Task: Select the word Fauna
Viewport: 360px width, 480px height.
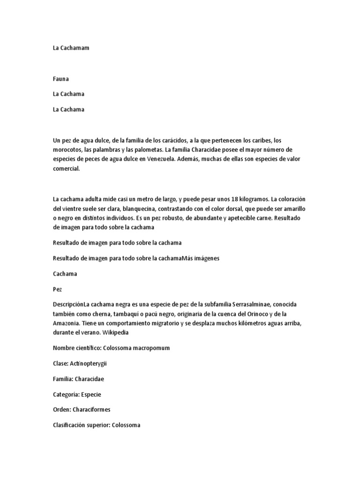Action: click(x=61, y=79)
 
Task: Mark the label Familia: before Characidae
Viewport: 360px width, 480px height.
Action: click(x=64, y=378)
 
